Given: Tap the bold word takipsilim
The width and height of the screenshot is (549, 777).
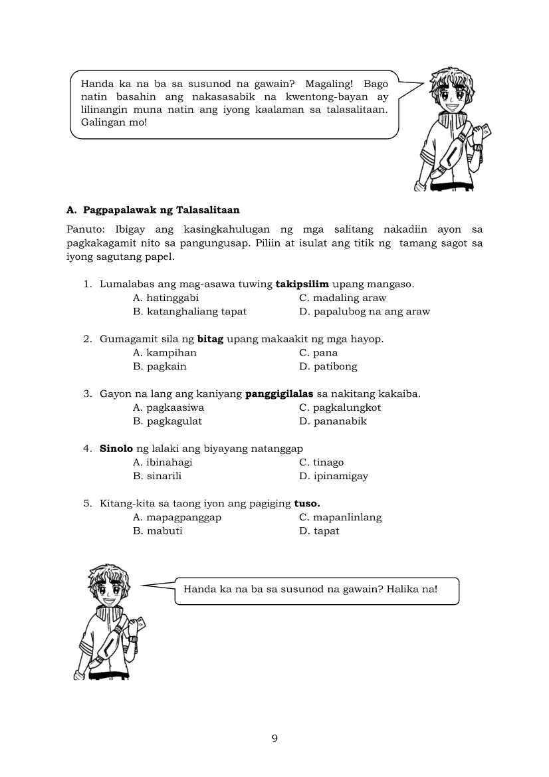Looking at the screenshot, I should coord(302,284).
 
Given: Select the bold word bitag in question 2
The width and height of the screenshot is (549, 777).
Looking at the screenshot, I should coord(210,339).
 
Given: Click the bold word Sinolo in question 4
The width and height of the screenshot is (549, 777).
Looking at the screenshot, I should coord(116,449).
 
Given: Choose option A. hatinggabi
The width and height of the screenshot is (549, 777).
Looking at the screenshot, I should coord(165,298).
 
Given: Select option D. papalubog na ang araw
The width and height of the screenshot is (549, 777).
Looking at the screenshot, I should coord(364,311).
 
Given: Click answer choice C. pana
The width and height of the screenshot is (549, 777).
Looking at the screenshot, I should coord(318,353).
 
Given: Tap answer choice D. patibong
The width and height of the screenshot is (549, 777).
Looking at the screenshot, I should coord(328,366).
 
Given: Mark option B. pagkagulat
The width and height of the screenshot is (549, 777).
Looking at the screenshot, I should coord(167,421).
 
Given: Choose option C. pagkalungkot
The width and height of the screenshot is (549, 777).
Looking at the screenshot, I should coord(340,407).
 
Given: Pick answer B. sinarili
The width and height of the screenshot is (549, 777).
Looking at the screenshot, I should coord(157,476).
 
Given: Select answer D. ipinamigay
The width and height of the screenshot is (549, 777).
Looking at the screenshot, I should coord(333,476).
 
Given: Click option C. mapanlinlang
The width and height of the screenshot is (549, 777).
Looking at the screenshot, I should coord(340,517).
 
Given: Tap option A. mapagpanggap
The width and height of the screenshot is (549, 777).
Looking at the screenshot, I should coord(177,517).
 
